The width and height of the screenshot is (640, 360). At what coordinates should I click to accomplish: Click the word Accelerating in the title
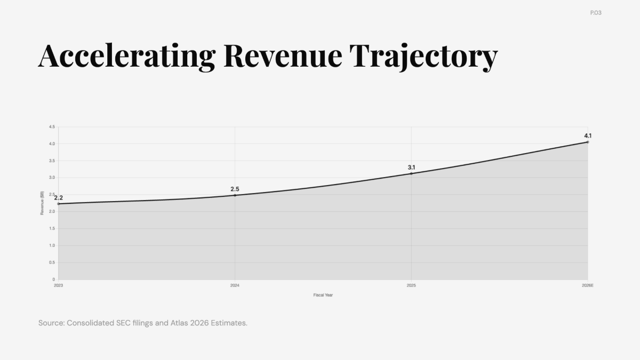coord(127,57)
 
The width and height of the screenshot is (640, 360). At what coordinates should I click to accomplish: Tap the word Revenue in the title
coord(283,56)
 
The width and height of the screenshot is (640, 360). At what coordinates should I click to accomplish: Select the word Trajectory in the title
coord(423,57)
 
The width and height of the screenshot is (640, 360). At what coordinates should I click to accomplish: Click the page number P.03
coord(596,13)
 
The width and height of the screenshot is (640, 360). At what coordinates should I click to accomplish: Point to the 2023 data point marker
coord(58,204)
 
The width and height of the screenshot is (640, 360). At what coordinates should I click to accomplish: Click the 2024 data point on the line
coord(235,195)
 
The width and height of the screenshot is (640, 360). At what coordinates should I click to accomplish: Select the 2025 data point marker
coord(411,173)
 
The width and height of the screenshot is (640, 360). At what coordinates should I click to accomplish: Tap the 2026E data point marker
coord(588,142)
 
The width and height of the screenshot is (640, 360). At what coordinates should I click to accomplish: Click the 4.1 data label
coord(588,135)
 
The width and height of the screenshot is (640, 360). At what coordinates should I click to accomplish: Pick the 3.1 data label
coord(411,167)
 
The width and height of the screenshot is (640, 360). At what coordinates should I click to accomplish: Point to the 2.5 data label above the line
coord(235,189)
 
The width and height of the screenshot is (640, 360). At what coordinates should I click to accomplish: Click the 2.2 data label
coord(58,198)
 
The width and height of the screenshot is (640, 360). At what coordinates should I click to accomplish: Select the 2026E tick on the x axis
coord(588,285)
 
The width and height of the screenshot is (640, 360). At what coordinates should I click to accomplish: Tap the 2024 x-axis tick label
coord(235,285)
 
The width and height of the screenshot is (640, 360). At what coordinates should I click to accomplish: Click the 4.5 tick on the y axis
coord(52,126)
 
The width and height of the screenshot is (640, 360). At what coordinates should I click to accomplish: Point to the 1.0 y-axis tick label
coord(52,245)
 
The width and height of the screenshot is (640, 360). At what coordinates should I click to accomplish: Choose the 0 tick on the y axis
coord(53,279)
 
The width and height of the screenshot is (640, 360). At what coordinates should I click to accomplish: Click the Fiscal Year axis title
coord(323,295)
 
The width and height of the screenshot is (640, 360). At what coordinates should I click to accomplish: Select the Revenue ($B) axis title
coord(42,203)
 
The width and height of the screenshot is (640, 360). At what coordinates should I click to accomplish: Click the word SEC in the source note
coord(123,323)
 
